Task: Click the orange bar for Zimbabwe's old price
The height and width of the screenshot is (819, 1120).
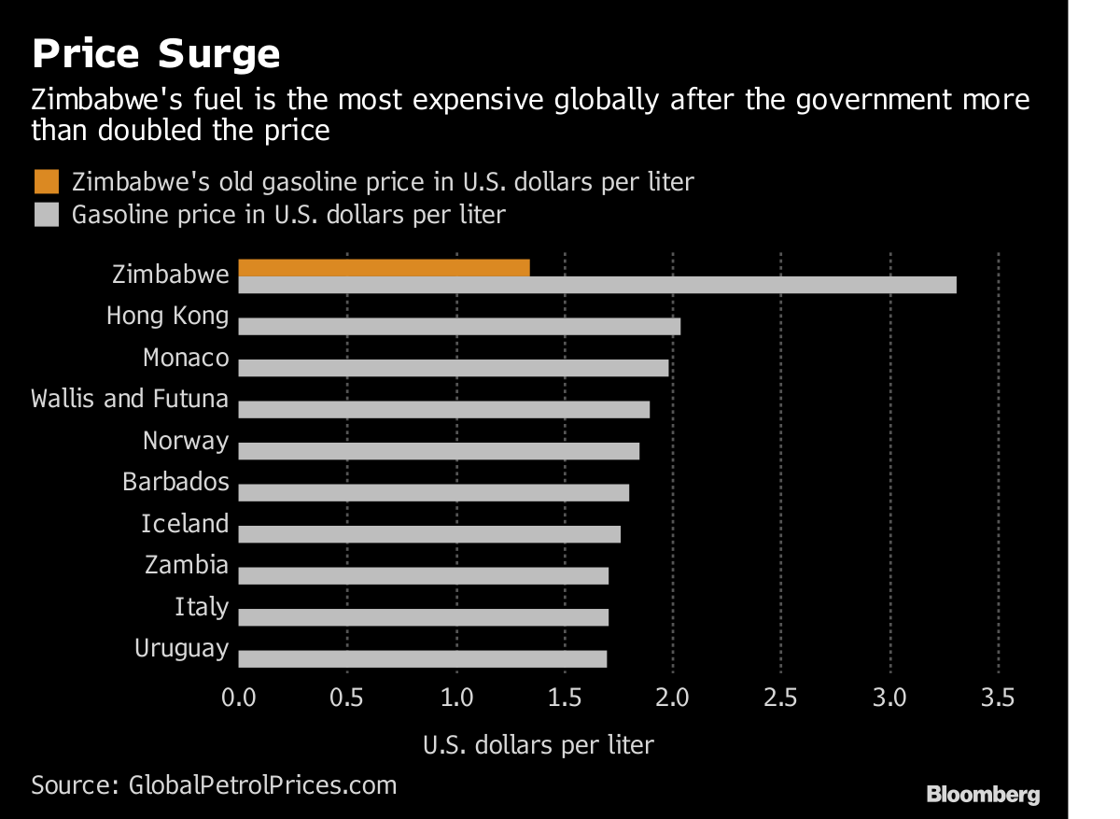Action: (385, 268)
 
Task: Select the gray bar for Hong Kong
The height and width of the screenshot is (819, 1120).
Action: (459, 326)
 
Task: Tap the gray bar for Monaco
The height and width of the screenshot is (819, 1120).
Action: (454, 367)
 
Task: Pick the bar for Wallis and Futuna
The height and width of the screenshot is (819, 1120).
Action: (444, 409)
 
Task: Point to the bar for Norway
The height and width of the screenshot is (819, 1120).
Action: (439, 451)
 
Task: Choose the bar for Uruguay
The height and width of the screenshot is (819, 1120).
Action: (423, 658)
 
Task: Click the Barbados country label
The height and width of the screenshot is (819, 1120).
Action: (175, 482)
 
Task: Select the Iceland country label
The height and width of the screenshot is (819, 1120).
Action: (185, 524)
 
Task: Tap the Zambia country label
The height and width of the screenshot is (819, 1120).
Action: (187, 565)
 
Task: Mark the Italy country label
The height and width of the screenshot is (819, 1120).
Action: (202, 607)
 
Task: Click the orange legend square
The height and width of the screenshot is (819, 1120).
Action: (45, 180)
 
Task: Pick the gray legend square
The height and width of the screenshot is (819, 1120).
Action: (45, 215)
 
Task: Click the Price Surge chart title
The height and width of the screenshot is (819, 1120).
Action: (156, 54)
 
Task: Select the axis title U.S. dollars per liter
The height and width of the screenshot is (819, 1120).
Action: (539, 745)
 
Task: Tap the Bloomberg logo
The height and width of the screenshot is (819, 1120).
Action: (983, 795)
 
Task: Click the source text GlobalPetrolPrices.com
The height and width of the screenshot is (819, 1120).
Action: (261, 784)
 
